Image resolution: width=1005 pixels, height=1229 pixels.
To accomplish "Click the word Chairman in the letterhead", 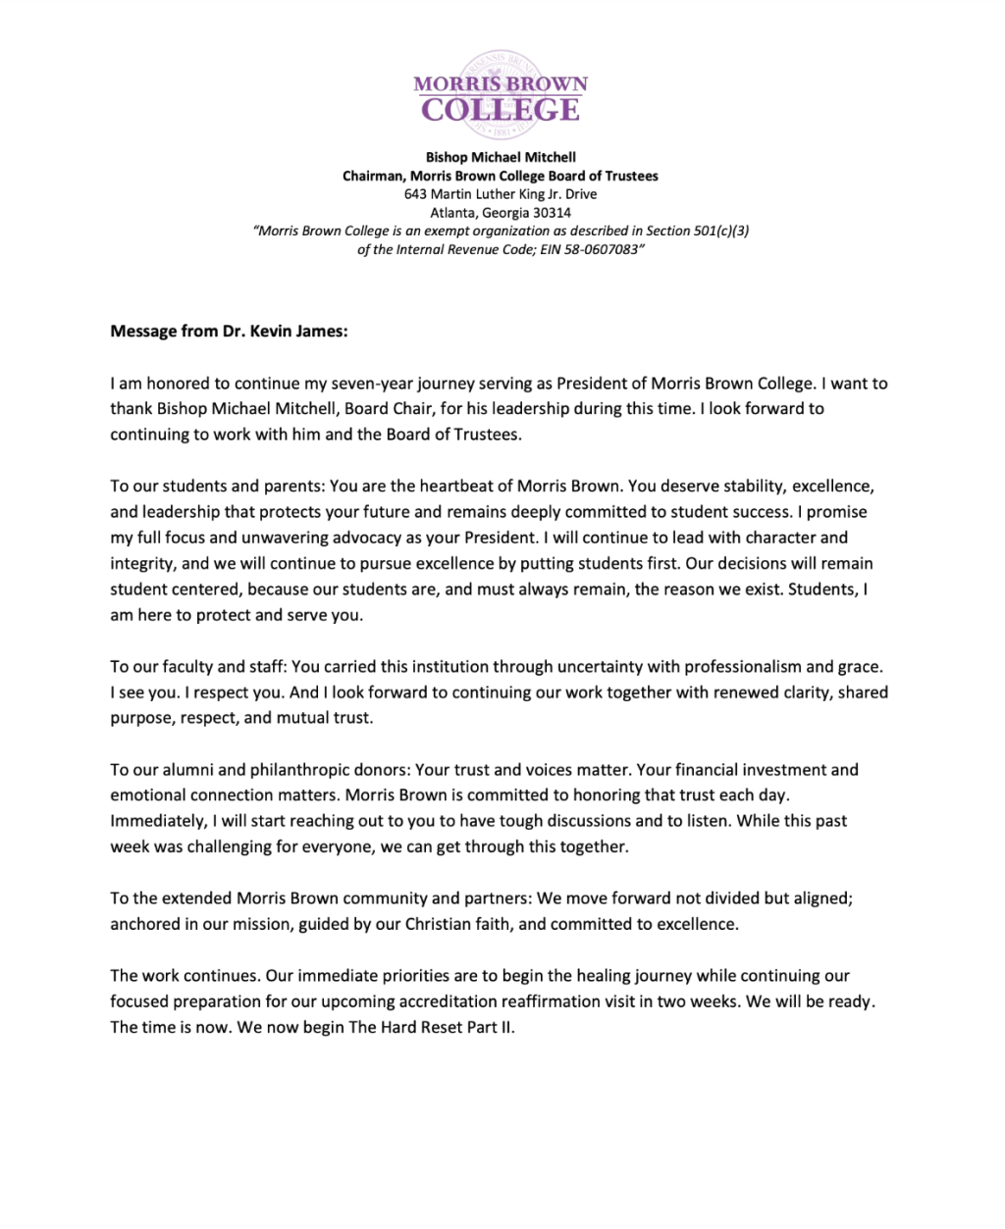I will (373, 176).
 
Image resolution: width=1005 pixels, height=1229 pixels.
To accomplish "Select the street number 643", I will (416, 194).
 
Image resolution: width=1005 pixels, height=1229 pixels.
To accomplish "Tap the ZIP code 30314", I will (552, 213).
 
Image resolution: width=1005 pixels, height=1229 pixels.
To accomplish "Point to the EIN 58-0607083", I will (602, 249).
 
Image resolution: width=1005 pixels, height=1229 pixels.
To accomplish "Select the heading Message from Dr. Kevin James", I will (229, 332).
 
